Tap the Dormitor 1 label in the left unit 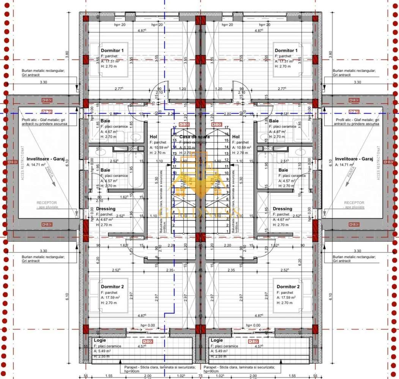click(112, 50)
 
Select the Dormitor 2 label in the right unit click(288, 287)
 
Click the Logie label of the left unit click(100, 340)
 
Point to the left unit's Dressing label click(106, 209)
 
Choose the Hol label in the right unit click(236, 137)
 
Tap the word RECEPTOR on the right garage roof click(354, 203)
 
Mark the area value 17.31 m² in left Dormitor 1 click(113, 61)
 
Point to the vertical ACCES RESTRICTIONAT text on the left click(23, 163)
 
